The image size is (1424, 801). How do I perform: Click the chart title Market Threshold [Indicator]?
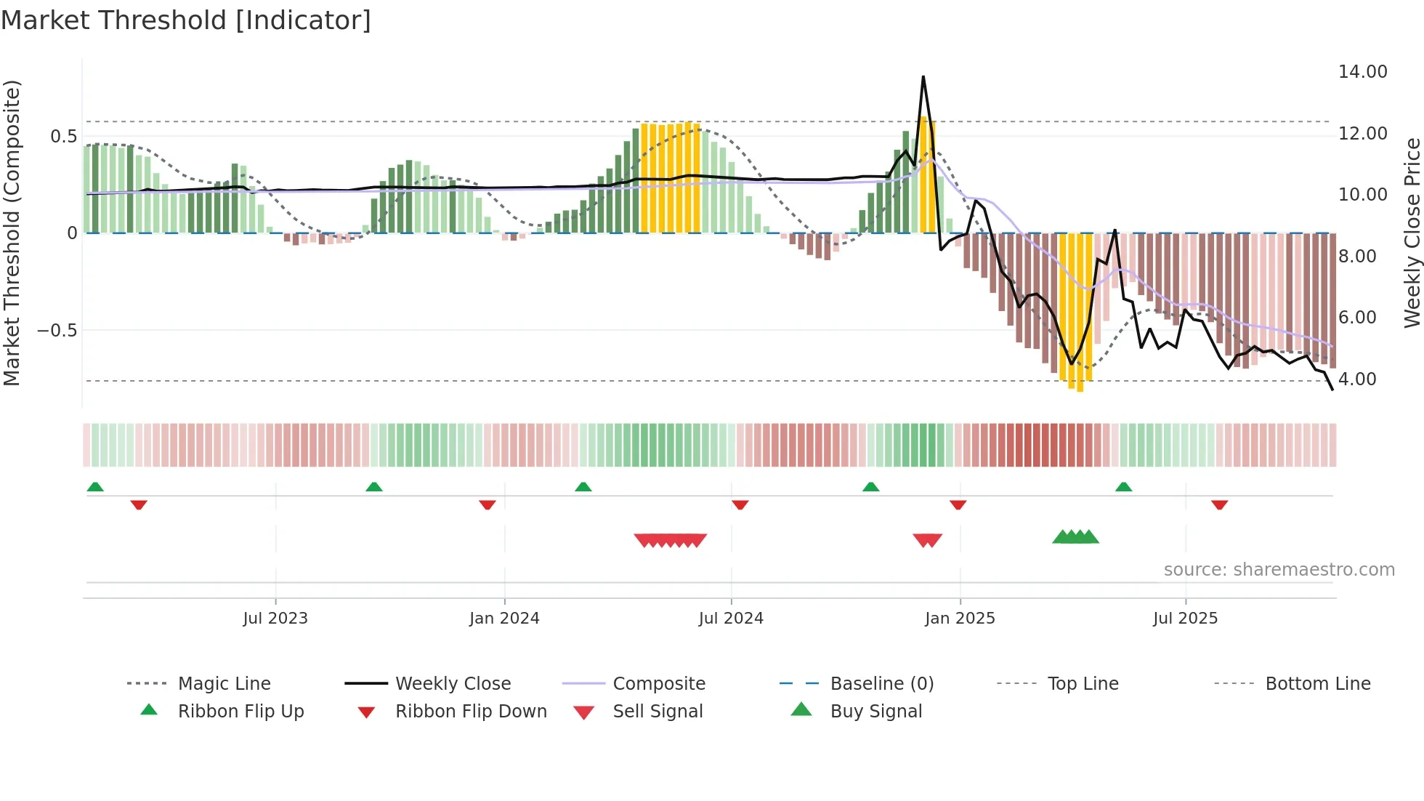pos(186,20)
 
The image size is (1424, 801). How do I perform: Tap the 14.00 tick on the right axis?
pos(1362,72)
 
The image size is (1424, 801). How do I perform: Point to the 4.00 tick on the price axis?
pos(1356,379)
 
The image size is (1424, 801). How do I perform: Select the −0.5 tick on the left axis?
pos(57,331)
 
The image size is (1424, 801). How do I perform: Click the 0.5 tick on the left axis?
pos(63,137)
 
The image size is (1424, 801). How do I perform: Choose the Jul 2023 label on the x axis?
pos(275,619)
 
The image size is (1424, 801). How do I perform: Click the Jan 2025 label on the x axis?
pos(960,619)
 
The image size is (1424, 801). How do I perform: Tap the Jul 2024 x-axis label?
pos(731,619)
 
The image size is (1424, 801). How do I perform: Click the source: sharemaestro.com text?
pos(1279,570)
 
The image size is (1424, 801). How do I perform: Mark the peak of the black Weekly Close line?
pos(923,77)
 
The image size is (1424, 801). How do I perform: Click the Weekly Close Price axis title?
pos(1412,233)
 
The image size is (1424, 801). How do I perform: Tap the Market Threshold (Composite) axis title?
pos(12,233)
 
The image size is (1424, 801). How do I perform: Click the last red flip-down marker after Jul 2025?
pos(1219,504)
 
